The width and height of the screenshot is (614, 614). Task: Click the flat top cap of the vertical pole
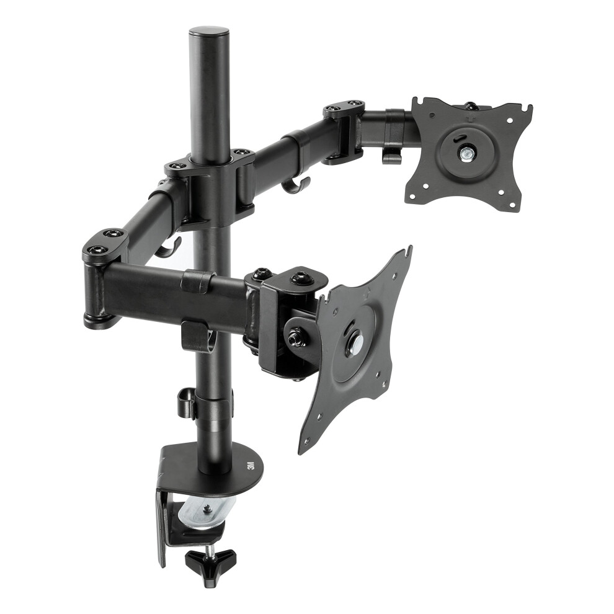209,32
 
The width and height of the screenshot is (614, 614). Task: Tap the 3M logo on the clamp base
251,465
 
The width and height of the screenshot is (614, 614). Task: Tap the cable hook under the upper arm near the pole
295,185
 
